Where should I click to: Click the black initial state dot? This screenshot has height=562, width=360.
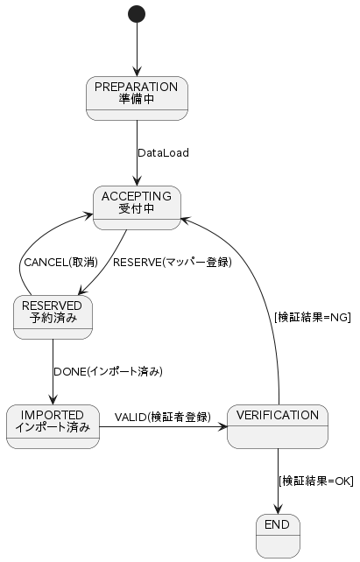[137, 14]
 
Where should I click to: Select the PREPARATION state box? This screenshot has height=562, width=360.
[137, 98]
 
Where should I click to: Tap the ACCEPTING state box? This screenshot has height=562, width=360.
[137, 207]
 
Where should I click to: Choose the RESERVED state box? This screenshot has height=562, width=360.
[53, 317]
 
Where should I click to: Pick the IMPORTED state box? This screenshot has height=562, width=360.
[53, 427]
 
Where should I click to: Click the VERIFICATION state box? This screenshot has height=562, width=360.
[278, 427]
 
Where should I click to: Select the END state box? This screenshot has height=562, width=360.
[278, 537]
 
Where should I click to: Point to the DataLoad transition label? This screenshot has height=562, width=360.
[163, 153]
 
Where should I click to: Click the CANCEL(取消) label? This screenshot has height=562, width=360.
[61, 263]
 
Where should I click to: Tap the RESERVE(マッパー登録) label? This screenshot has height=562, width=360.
[173, 263]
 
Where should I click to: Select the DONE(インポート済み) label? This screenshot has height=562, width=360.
[108, 372]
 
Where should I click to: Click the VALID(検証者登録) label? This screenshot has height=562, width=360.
[163, 417]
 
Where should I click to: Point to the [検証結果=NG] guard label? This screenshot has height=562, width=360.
[313, 317]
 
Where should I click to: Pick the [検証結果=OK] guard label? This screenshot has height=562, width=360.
[316, 481]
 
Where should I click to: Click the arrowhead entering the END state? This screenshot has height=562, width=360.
[278, 509]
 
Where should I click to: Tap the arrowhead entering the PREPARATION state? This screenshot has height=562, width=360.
[137, 72]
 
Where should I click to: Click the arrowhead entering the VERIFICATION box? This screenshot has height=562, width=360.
[222, 427]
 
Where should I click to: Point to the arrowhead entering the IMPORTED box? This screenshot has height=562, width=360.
[53, 400]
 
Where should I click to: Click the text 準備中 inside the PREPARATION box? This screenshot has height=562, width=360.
[137, 99]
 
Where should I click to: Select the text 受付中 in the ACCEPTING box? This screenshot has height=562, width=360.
[137, 208]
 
